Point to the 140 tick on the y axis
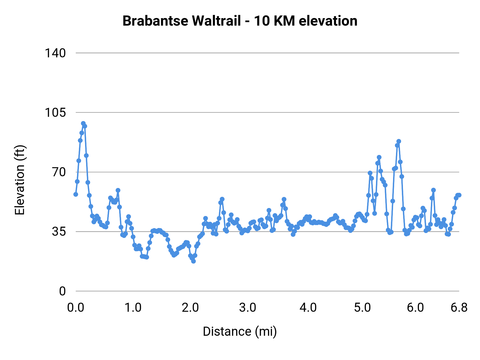point(55,53)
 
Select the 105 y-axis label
point(55,113)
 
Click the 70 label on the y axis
point(59,172)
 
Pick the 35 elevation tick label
point(59,231)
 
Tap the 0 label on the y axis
point(62,291)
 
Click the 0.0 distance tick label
point(76,308)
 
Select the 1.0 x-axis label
point(133,308)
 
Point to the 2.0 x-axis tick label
point(190,308)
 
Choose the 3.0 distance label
point(248,308)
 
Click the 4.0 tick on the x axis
point(308,308)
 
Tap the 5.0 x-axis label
point(362,308)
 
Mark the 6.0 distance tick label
point(415,308)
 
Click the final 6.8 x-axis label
point(459,308)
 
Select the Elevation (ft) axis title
point(20,180)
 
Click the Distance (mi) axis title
point(240,331)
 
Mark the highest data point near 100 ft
point(83,123)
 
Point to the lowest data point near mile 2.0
point(193,261)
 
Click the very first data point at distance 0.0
point(76,194)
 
